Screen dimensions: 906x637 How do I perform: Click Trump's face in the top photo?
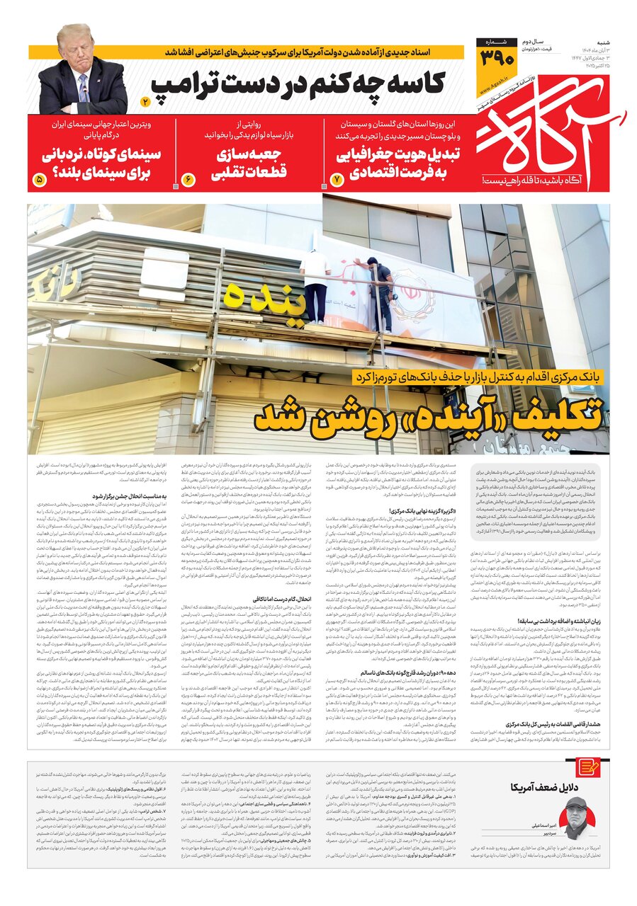[x=76, y=47]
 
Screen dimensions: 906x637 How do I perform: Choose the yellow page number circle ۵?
[x=38, y=180]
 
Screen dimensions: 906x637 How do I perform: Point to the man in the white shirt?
[x=315, y=283]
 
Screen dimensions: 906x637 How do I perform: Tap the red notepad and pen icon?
[x=587, y=767]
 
